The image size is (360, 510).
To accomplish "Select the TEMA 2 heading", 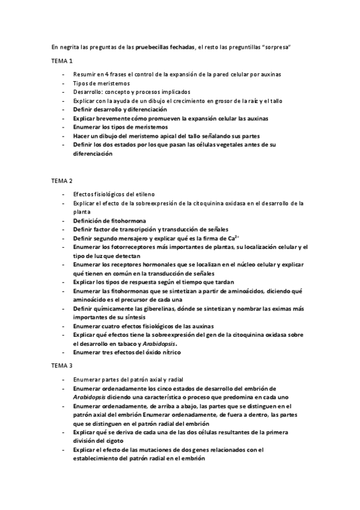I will coord(62,180).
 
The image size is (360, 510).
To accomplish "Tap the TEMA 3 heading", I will coord(62,365).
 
